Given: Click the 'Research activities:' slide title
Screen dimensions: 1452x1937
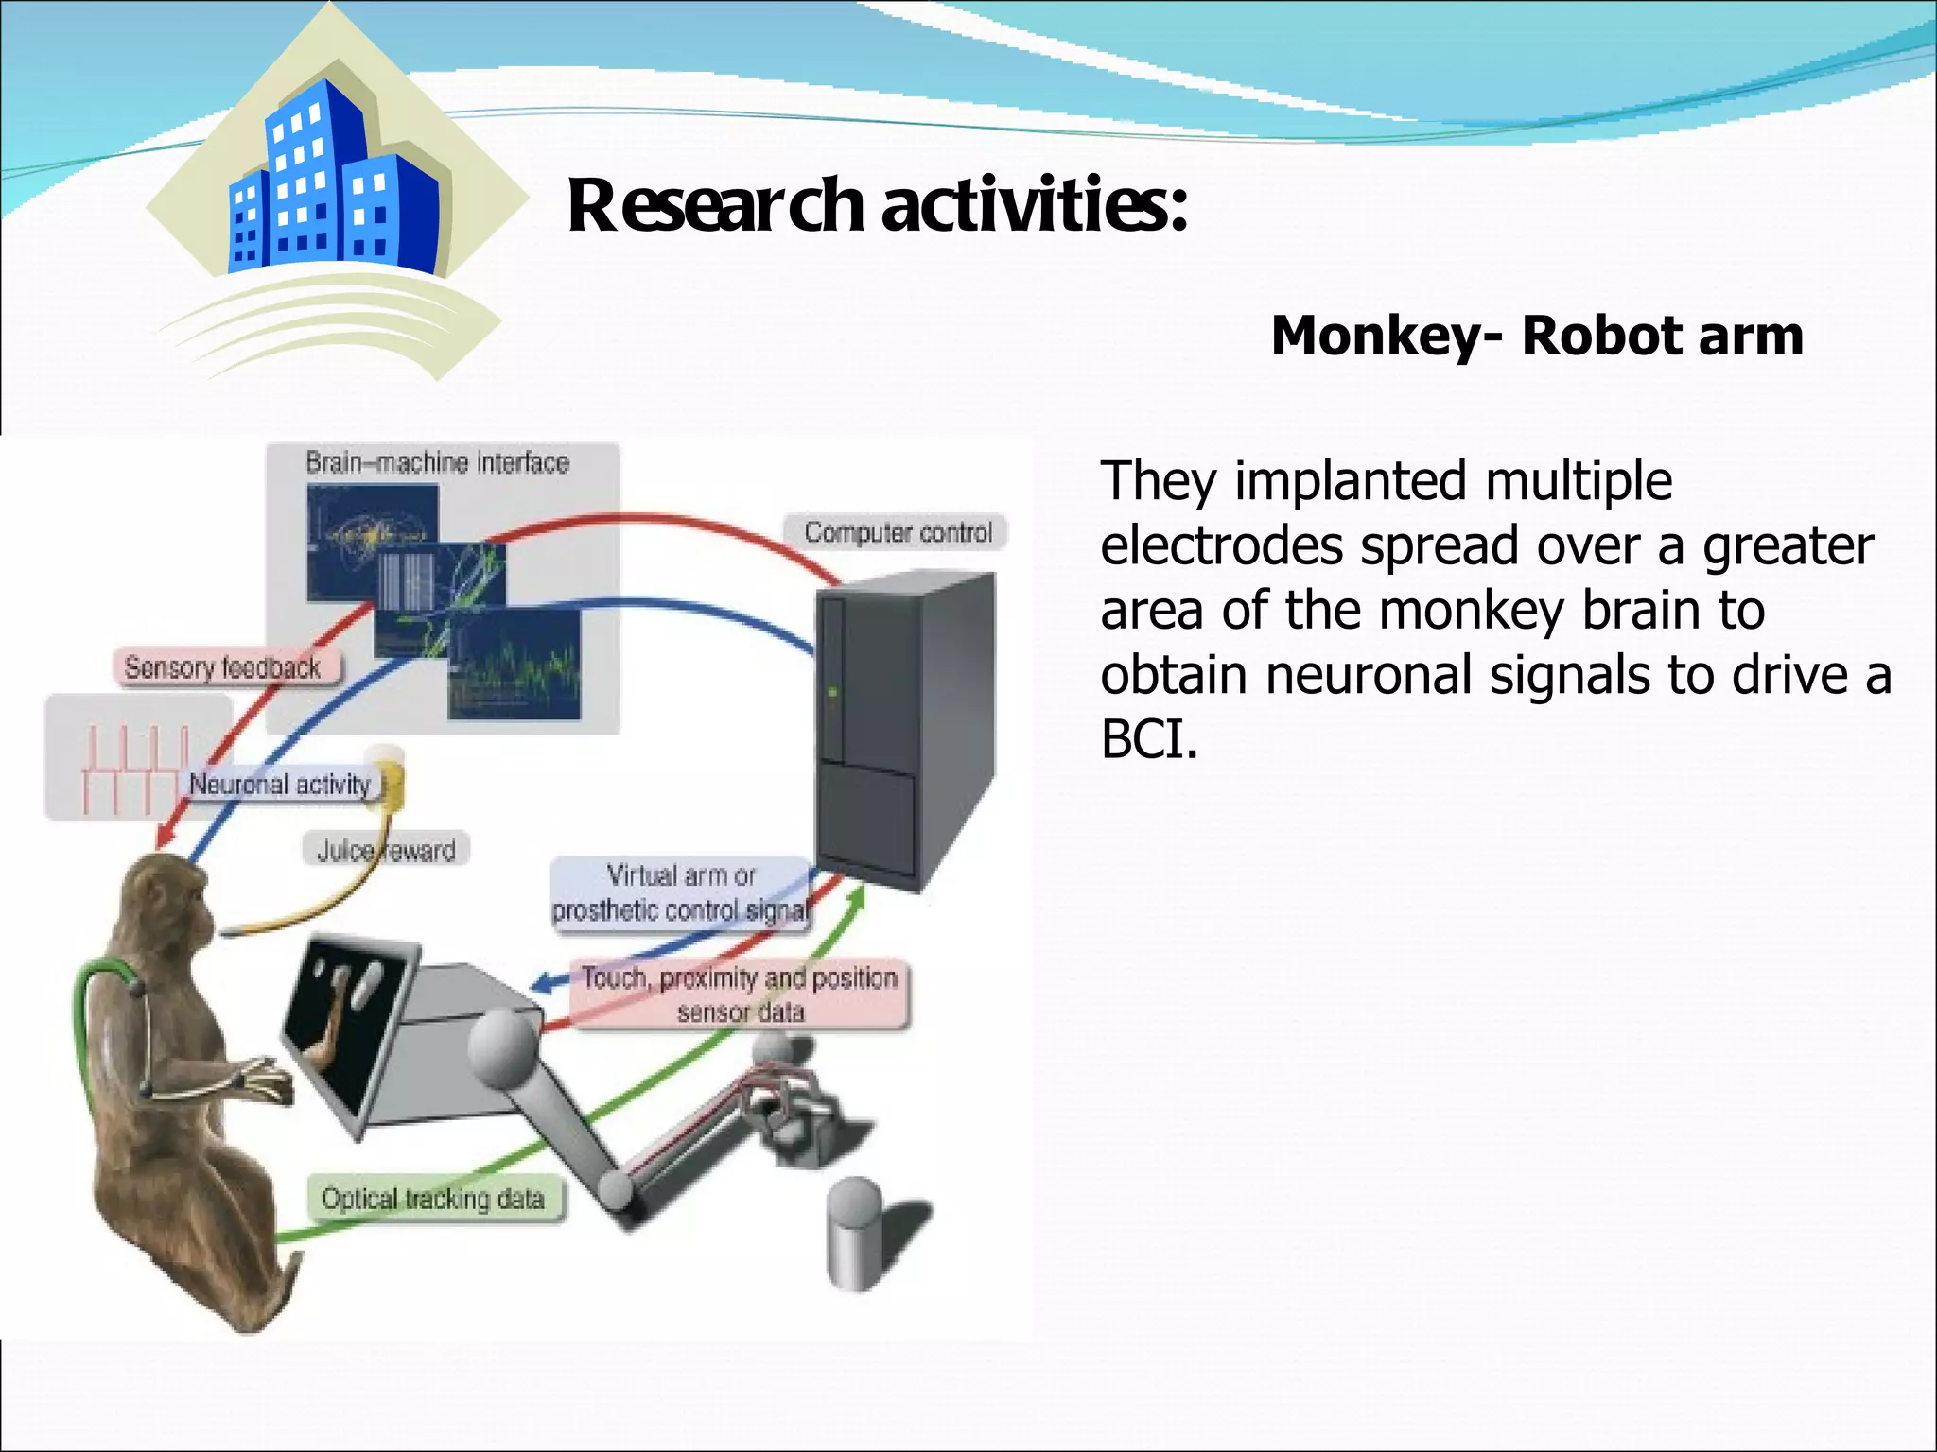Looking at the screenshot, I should [x=877, y=206].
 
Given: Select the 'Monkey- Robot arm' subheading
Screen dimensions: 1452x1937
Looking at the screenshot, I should [x=1536, y=336].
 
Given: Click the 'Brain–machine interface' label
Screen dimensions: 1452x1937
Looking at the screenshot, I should [x=437, y=463].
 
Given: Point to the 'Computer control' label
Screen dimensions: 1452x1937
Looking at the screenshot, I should [x=898, y=533].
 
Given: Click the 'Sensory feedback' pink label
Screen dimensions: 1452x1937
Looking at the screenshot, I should [x=223, y=668].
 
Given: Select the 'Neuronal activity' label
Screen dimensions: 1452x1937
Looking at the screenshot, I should [x=280, y=785].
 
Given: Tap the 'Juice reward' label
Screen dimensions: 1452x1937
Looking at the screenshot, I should [x=386, y=851].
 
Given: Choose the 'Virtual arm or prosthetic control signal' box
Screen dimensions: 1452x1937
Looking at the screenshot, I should [x=680, y=892].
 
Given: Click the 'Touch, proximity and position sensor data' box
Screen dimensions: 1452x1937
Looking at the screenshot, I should [x=739, y=994].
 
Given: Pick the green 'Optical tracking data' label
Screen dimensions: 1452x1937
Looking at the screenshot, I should [x=433, y=1200].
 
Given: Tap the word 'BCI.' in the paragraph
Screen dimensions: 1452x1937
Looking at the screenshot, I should [x=1149, y=740].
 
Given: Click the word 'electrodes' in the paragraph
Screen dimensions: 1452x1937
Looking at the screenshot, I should [x=1221, y=546].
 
